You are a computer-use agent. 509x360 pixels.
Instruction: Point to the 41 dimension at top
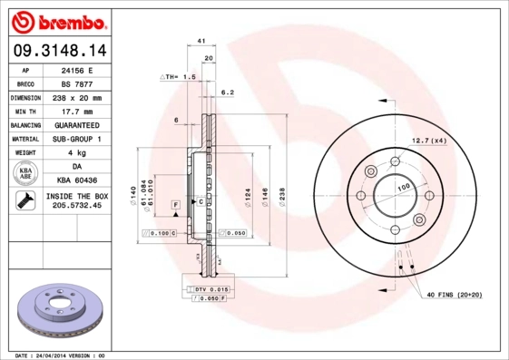point(201,42)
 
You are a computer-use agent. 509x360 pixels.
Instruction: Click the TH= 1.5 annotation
point(180,78)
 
